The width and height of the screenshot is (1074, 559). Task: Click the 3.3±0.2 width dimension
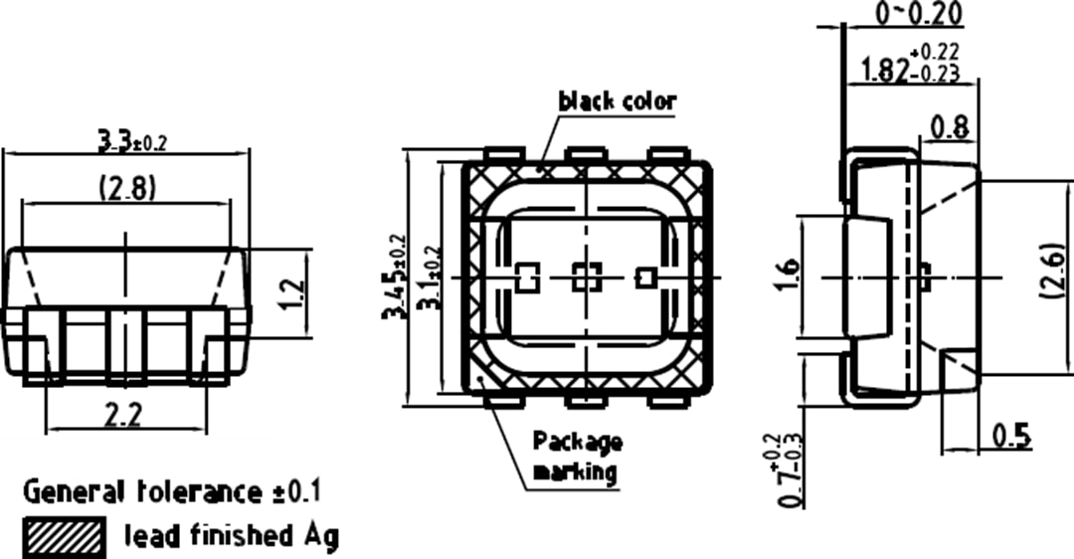click(132, 141)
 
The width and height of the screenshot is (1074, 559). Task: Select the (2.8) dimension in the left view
click(126, 188)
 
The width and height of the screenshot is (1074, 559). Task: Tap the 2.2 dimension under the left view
click(123, 416)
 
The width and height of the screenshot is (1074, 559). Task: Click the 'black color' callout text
click(617, 100)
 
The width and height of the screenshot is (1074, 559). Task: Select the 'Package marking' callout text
click(577, 456)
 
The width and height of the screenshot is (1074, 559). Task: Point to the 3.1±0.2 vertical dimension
click(431, 279)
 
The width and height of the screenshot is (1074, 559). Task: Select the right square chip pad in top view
click(645, 278)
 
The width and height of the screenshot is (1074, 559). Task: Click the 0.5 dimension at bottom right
click(1010, 437)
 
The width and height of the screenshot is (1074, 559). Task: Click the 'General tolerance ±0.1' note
click(172, 491)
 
